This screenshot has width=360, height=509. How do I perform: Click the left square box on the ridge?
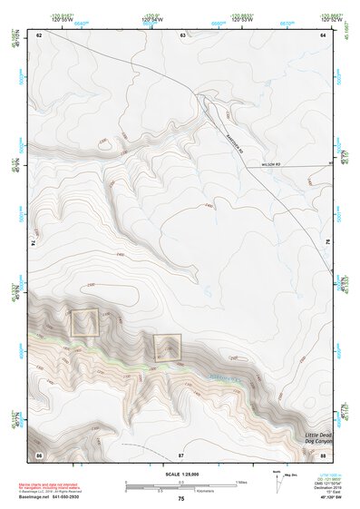pyautogui.click(x=85, y=323)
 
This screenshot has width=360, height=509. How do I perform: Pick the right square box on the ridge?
pyautogui.click(x=166, y=347)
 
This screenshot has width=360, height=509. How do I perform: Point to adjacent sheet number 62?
pyautogui.click(x=39, y=34)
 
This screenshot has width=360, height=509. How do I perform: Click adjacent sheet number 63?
pyautogui.click(x=182, y=34)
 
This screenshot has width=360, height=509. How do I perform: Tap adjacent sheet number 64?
pyautogui.click(x=323, y=34)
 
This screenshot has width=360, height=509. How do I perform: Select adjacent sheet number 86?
pyautogui.click(x=39, y=452)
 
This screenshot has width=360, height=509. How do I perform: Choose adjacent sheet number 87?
pyautogui.click(x=181, y=452)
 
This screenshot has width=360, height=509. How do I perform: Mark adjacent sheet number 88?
pyautogui.click(x=323, y=452)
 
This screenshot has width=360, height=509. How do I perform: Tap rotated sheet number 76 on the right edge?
pyautogui.click(x=327, y=243)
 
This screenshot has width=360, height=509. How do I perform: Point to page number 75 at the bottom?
pyautogui.click(x=180, y=499)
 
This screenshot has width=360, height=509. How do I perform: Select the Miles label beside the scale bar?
pyautogui.click(x=240, y=482)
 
